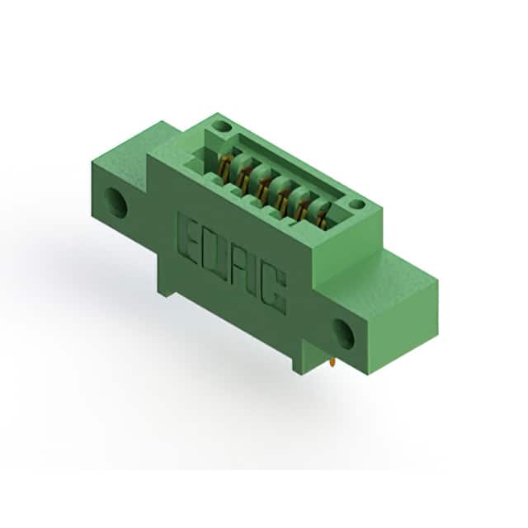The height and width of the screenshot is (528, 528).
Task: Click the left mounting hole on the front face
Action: (116, 203)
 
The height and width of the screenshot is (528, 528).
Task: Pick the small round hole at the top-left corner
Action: (222, 128)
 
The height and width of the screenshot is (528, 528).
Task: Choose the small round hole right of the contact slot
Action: (356, 204)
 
